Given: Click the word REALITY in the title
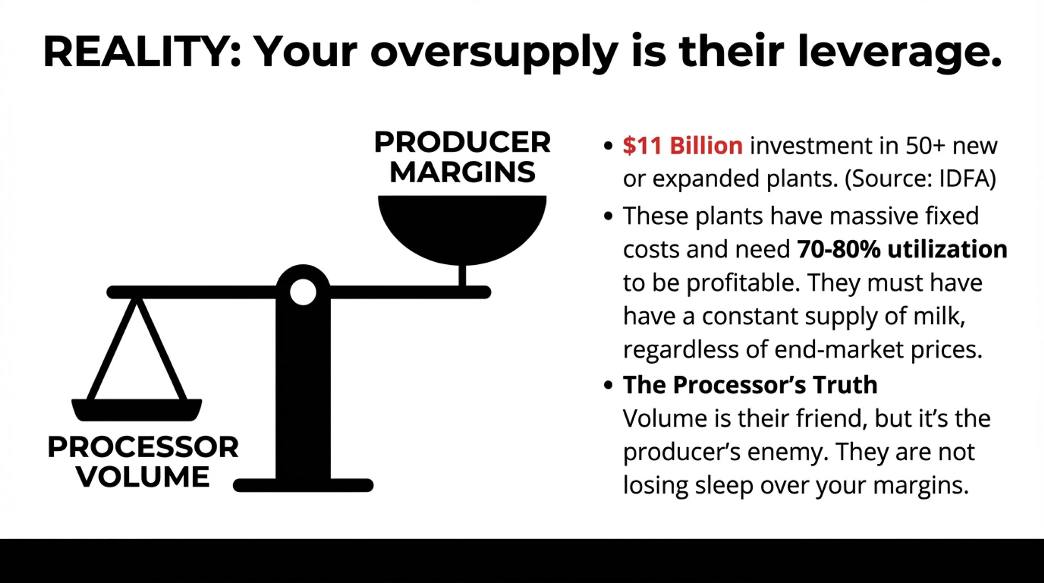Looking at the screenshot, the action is [x=137, y=52].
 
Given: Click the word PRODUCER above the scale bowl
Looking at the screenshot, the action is [x=462, y=142].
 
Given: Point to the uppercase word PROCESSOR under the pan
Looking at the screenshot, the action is [x=143, y=447].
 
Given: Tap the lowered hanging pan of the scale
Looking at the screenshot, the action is [x=137, y=410].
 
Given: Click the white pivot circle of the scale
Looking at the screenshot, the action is [x=303, y=291].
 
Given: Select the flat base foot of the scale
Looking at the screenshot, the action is [x=303, y=485].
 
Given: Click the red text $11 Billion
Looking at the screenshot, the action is [x=682, y=146].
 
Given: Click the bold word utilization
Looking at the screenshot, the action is [x=947, y=249].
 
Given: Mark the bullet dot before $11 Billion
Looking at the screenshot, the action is [x=608, y=146].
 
